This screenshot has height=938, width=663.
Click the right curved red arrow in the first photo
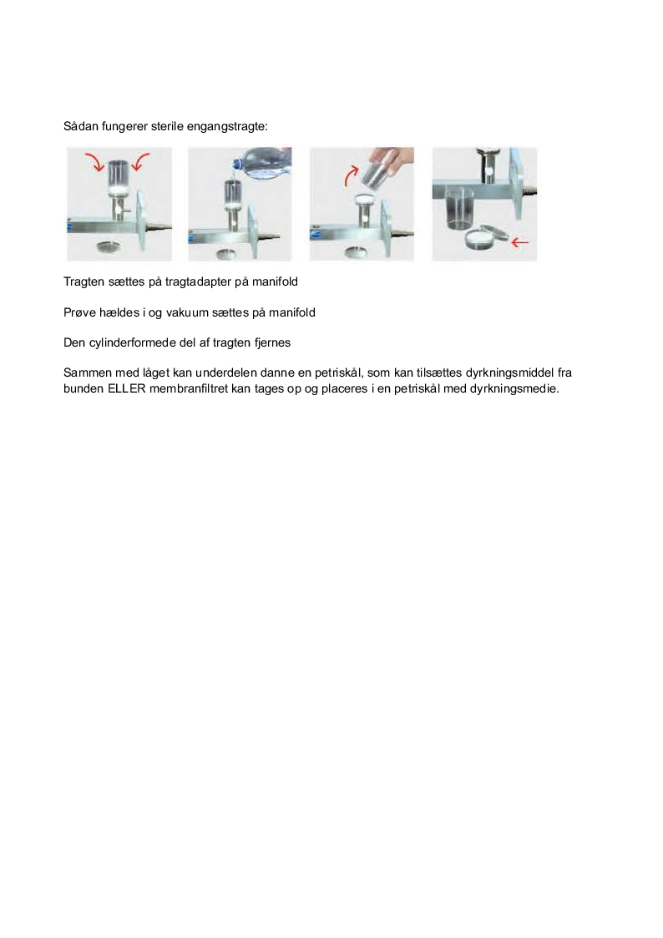pos(140,161)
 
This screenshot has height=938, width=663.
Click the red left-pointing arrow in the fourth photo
pos(520,242)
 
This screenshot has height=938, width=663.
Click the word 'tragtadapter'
pos(198,282)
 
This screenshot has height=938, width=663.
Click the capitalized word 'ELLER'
pos(127,389)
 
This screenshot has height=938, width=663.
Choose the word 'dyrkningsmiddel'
pos(510,373)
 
